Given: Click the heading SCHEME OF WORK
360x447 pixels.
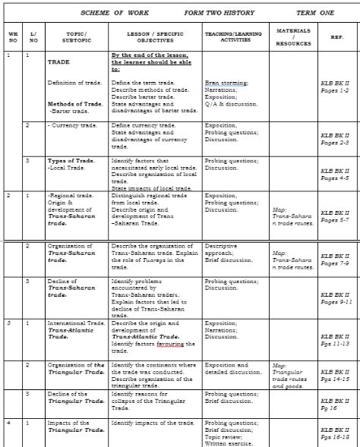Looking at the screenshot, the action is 114,13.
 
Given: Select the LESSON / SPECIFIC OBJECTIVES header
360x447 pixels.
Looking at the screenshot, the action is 155,37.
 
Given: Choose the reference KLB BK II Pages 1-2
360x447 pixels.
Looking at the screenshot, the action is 335,88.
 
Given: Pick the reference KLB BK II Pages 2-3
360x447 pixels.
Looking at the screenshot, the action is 335,139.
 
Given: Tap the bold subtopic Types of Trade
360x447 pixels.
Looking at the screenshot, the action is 71,161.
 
